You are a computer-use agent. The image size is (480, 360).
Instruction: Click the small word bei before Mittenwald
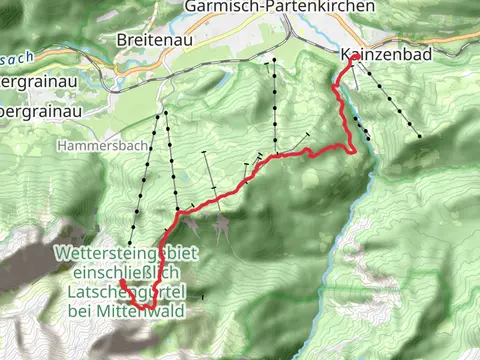84,311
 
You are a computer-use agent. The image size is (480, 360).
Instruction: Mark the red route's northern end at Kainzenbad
355,59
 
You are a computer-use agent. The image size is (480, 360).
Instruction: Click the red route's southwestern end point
122,283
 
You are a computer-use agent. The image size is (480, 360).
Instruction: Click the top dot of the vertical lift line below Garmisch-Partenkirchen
273,62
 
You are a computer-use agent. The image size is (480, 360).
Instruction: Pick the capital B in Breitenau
121,39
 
